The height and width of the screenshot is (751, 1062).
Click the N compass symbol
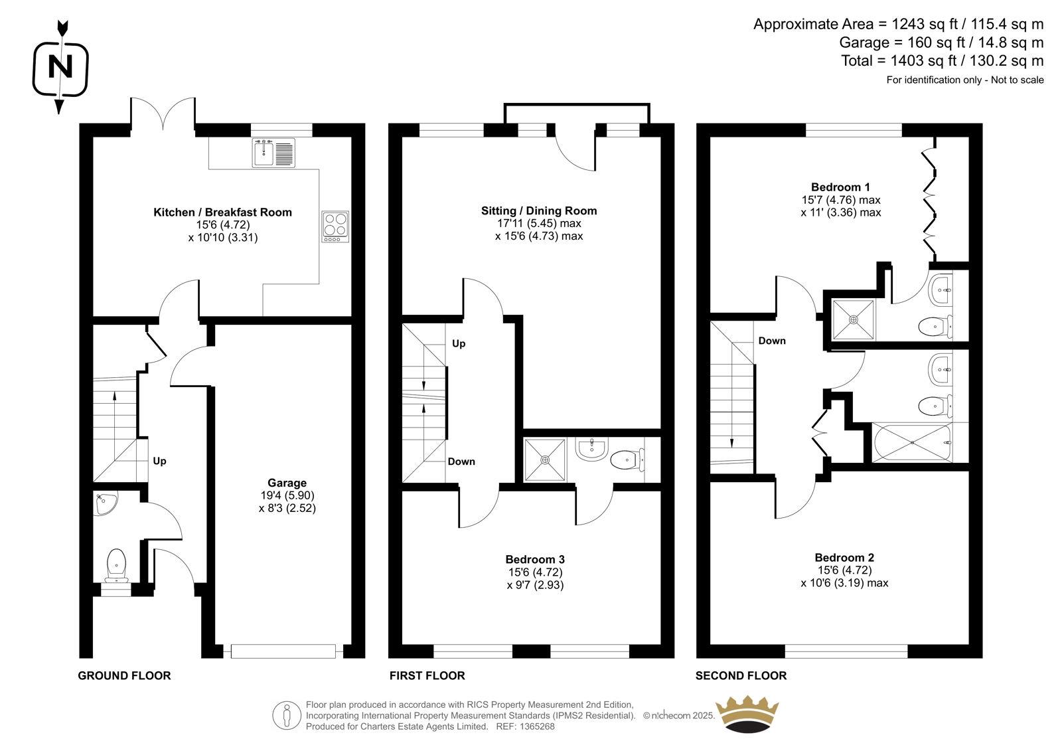[60, 67]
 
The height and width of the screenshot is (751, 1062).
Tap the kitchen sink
[273, 153]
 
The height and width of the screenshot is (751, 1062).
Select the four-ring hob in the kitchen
[335, 226]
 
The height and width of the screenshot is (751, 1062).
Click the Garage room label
[287, 483]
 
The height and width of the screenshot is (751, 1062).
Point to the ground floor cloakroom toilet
[116, 566]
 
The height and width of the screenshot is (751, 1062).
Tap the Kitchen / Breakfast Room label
[222, 212]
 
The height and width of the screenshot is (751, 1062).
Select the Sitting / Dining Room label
[539, 210]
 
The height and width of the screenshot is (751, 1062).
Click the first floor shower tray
[545, 459]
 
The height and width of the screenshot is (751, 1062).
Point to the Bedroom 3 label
[535, 559]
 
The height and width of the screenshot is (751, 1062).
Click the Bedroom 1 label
[840, 187]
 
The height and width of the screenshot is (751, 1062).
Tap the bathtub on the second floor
[912, 443]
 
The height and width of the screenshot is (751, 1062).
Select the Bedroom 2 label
[844, 557]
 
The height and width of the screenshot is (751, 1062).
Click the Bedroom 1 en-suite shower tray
[854, 320]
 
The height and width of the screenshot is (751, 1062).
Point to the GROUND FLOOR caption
[124, 675]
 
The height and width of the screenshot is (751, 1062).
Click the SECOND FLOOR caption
[741, 675]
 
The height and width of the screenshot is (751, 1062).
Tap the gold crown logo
[747, 714]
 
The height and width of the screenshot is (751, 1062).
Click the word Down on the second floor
[772, 341]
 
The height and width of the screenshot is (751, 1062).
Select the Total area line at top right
[942, 60]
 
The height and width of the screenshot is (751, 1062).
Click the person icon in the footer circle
[287, 715]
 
